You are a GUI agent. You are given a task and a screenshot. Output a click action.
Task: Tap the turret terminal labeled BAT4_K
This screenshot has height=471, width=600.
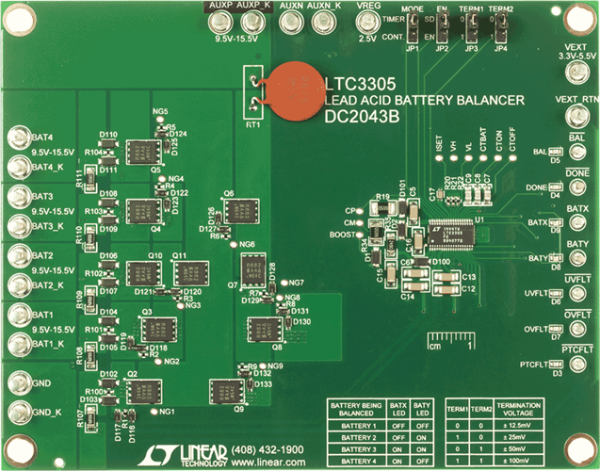pos(21,168)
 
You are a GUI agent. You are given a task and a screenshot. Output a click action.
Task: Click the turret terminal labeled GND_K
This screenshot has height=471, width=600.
pos(20,412)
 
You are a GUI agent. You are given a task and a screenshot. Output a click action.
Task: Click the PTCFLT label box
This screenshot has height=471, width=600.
pos(578,350)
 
